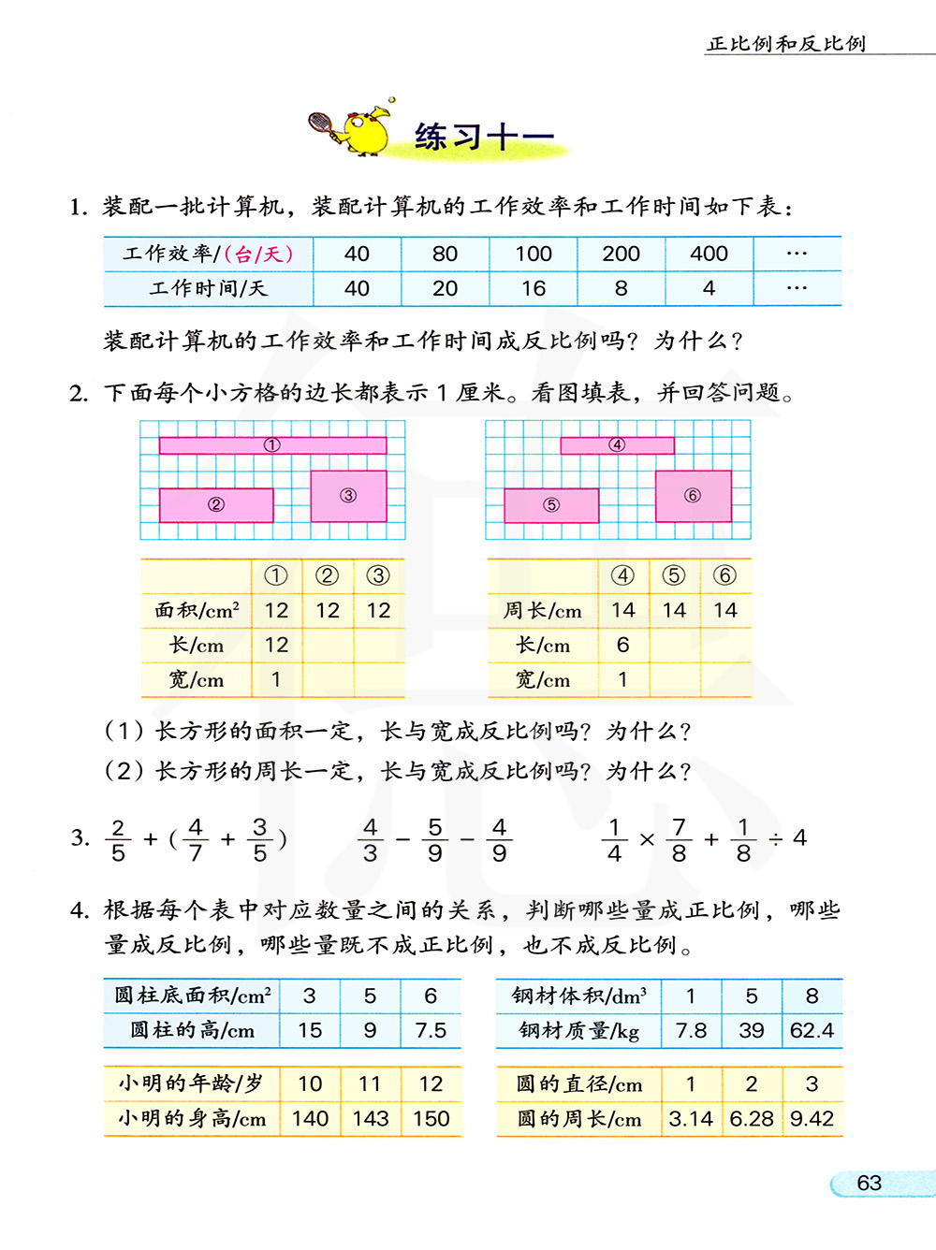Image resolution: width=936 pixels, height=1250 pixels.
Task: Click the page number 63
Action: [x=869, y=1183]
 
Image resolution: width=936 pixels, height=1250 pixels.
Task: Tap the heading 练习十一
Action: [x=483, y=137]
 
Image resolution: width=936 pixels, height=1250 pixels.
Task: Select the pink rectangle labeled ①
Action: [x=272, y=445]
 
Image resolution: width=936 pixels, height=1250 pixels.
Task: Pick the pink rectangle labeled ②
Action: [x=216, y=505]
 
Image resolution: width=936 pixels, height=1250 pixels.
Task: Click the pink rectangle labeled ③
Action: [x=348, y=496]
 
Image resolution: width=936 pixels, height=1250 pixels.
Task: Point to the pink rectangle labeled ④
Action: [x=617, y=445]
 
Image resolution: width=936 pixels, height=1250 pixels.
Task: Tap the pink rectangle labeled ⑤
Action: [x=551, y=505]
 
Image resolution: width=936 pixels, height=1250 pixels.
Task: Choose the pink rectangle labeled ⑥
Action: [x=693, y=496]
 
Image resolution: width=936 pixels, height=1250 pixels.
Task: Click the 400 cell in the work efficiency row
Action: [x=709, y=254]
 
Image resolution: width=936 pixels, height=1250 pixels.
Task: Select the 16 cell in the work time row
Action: [x=533, y=288]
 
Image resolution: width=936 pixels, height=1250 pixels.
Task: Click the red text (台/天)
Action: [x=259, y=254]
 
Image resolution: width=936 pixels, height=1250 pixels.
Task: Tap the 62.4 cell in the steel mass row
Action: [x=812, y=1030]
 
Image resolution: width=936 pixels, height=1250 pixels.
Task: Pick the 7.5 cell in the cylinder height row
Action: [x=431, y=1030]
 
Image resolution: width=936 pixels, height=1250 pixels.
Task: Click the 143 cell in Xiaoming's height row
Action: [x=370, y=1118]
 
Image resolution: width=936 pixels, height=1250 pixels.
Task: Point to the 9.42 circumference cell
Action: [x=812, y=1118]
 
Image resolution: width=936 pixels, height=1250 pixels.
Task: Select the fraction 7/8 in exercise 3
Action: [x=679, y=839]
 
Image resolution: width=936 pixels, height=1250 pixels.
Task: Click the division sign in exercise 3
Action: [x=776, y=838]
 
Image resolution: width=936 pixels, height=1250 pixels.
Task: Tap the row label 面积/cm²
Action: [x=197, y=610]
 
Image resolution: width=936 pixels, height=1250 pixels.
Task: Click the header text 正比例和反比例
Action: [x=786, y=43]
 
